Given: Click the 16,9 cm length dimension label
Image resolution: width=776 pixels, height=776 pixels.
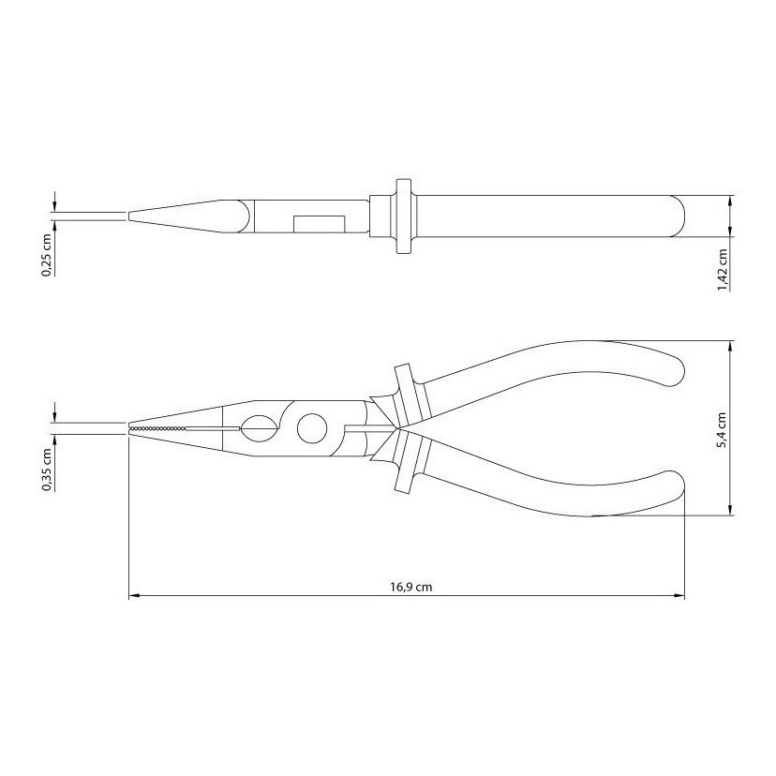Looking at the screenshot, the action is point(410,587).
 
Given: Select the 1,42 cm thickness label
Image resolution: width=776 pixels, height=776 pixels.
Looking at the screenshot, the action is point(723,270).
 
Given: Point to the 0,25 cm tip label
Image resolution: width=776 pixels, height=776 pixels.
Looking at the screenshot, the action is point(47,254).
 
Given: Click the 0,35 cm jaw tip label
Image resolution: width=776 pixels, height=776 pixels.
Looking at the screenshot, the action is point(47,470).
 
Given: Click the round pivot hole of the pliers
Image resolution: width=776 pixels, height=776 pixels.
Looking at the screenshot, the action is point(312,428).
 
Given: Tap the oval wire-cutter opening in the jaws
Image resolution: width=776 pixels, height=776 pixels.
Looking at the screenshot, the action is point(259,428).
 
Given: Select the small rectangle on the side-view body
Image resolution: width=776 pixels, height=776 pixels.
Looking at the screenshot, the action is point(320,224).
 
